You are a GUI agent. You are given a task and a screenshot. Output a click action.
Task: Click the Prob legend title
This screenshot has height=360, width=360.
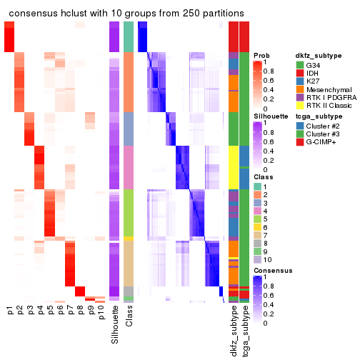click(x=261, y=55)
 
